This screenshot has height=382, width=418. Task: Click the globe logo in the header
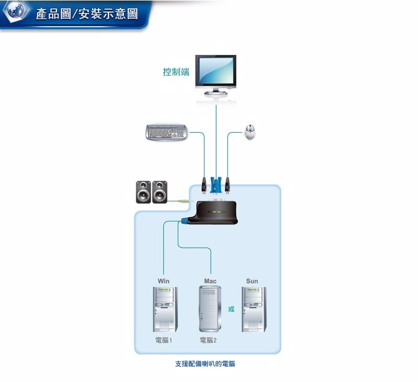(x=16, y=13)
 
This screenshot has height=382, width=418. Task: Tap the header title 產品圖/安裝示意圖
(x=87, y=14)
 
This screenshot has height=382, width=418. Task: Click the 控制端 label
(x=176, y=72)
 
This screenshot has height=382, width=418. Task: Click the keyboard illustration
(x=167, y=132)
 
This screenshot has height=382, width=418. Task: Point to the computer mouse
(x=251, y=132)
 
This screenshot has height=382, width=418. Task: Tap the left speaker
(x=143, y=192)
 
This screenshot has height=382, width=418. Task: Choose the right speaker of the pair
(x=160, y=192)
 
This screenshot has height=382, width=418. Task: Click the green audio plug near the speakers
(x=182, y=201)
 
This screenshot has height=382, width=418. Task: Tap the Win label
(x=164, y=281)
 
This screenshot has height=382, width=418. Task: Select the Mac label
(x=210, y=281)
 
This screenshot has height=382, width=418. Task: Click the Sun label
(x=252, y=281)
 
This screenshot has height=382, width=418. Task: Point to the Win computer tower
(x=164, y=309)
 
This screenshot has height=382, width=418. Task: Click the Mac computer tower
(x=210, y=309)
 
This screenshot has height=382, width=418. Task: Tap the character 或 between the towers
(x=231, y=309)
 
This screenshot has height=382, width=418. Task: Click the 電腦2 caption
(x=208, y=340)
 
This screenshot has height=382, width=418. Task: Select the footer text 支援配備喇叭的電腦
(x=208, y=364)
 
